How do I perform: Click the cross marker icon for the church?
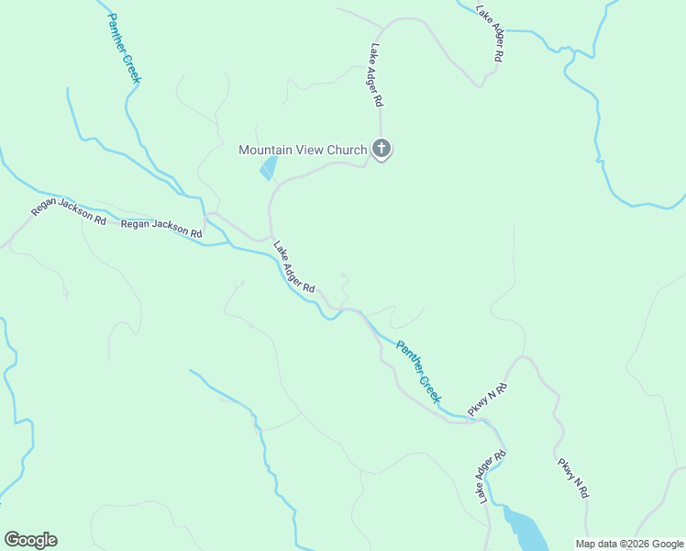pos(382,148)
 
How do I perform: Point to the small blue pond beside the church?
pos(268,169)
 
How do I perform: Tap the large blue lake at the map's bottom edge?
pos(523,528)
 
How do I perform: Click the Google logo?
pos(30,540)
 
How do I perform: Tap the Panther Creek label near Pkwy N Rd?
pos(418,372)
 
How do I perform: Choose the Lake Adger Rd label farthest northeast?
pos(489,33)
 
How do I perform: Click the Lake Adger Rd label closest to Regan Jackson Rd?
pos(294,267)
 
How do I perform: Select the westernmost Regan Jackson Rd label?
pos(69,212)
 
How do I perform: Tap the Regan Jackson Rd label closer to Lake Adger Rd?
pos(161,229)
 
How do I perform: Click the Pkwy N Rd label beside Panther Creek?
pos(488,401)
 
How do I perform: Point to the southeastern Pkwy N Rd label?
pos(572,478)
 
